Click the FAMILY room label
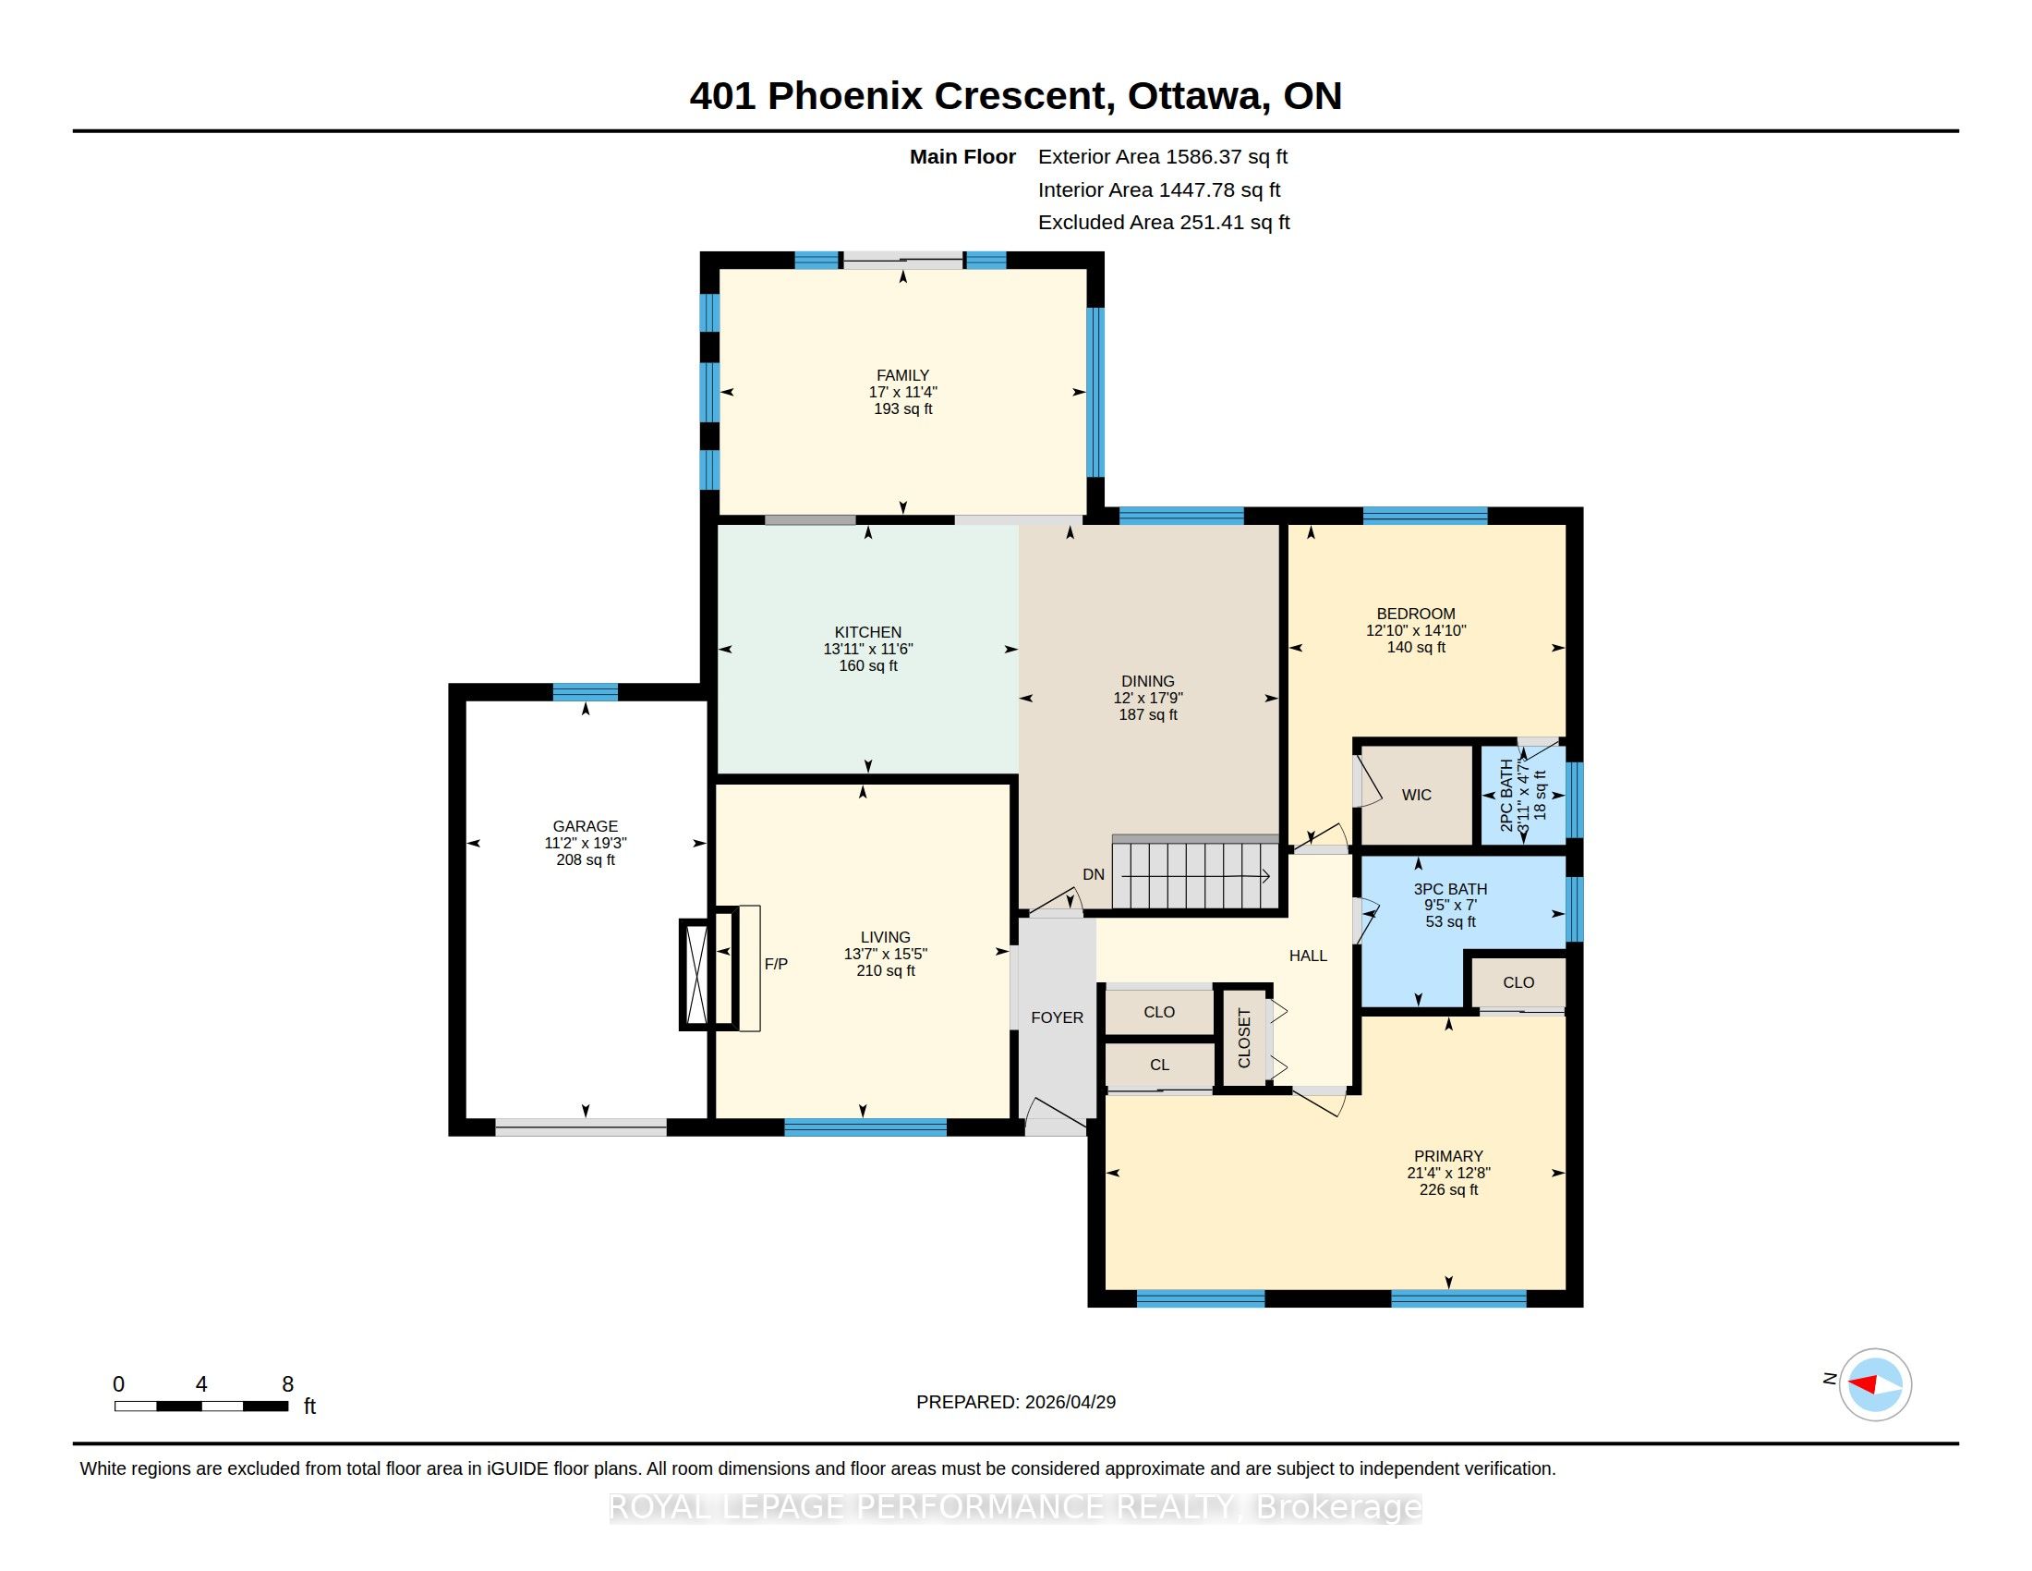(x=902, y=375)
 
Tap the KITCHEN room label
(x=868, y=632)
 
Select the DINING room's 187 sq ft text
(x=1148, y=714)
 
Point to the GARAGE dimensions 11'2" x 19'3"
(x=586, y=843)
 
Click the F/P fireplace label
(x=776, y=964)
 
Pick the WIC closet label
(x=1416, y=795)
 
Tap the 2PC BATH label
(x=1506, y=796)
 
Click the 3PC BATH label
(x=1450, y=889)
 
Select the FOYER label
(x=1057, y=1018)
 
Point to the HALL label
(x=1308, y=956)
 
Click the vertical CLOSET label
(x=1244, y=1038)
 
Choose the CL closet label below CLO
(x=1159, y=1065)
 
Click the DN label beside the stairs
(x=1094, y=875)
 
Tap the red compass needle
(x=1863, y=1385)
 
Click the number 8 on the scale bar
(x=288, y=1384)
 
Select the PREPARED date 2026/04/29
(x=1070, y=1403)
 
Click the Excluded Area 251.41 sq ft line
(x=1164, y=223)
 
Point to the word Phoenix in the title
(x=845, y=96)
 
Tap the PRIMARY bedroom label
(x=1448, y=1156)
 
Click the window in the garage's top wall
(x=586, y=691)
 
